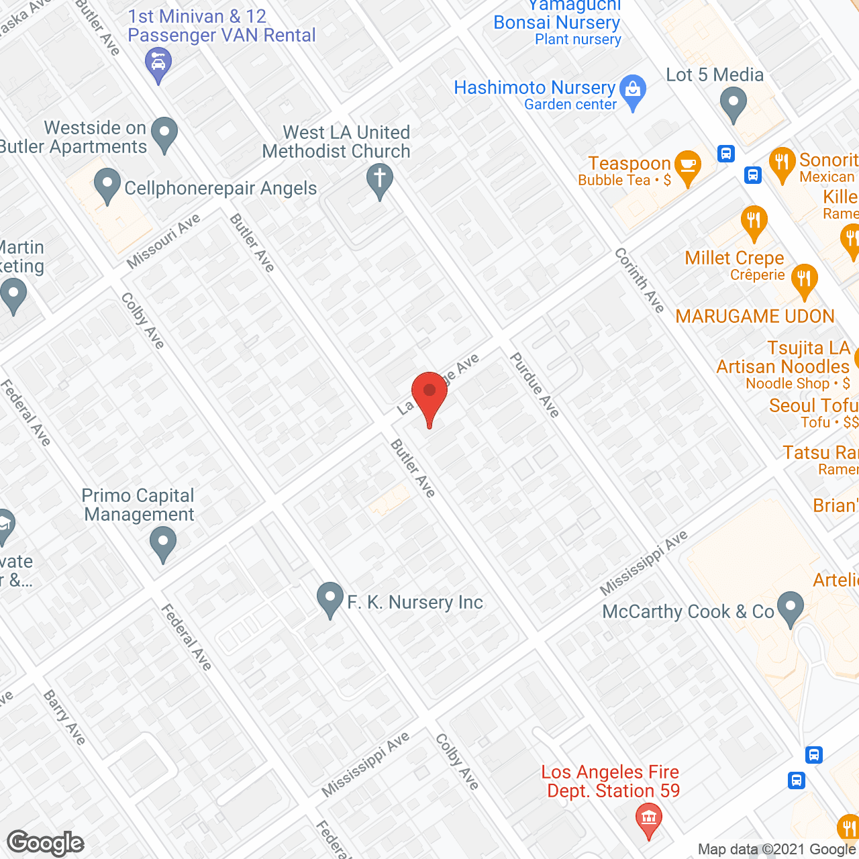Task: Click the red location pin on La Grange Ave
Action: [x=429, y=393]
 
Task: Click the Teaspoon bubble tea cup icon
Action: [x=688, y=166]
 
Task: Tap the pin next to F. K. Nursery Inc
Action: [x=330, y=598]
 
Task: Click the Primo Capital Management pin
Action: [x=162, y=542]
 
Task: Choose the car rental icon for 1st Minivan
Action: [x=158, y=64]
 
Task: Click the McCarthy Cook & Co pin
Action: [x=791, y=607]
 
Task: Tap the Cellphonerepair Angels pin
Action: [x=107, y=185]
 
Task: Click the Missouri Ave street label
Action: [x=164, y=241]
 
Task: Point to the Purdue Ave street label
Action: [x=535, y=385]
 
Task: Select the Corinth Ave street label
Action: [x=640, y=280]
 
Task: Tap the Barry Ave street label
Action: [x=64, y=717]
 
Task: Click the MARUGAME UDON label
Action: [x=755, y=316]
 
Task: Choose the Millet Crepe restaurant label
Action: [x=734, y=258]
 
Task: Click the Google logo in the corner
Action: [x=46, y=843]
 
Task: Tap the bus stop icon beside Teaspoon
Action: [x=725, y=154]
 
